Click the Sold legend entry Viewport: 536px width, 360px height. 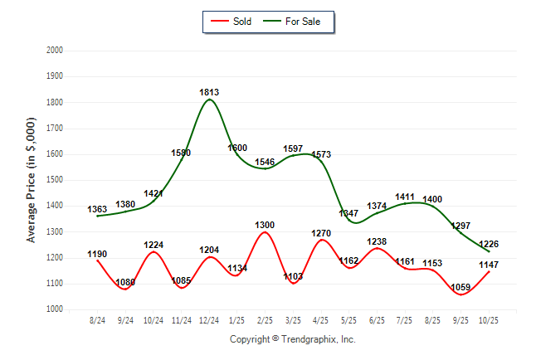(235, 21)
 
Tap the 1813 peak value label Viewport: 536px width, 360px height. (209, 91)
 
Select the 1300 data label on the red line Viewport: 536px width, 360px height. (265, 225)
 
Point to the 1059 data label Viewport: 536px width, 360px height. (461, 289)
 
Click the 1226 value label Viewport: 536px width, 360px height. (488, 243)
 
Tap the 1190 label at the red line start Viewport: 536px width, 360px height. (98, 254)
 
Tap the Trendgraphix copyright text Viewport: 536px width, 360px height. (292, 339)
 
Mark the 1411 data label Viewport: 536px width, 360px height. (405, 197)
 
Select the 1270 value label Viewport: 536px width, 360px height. (320, 234)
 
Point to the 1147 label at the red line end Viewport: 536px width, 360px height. (488, 265)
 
